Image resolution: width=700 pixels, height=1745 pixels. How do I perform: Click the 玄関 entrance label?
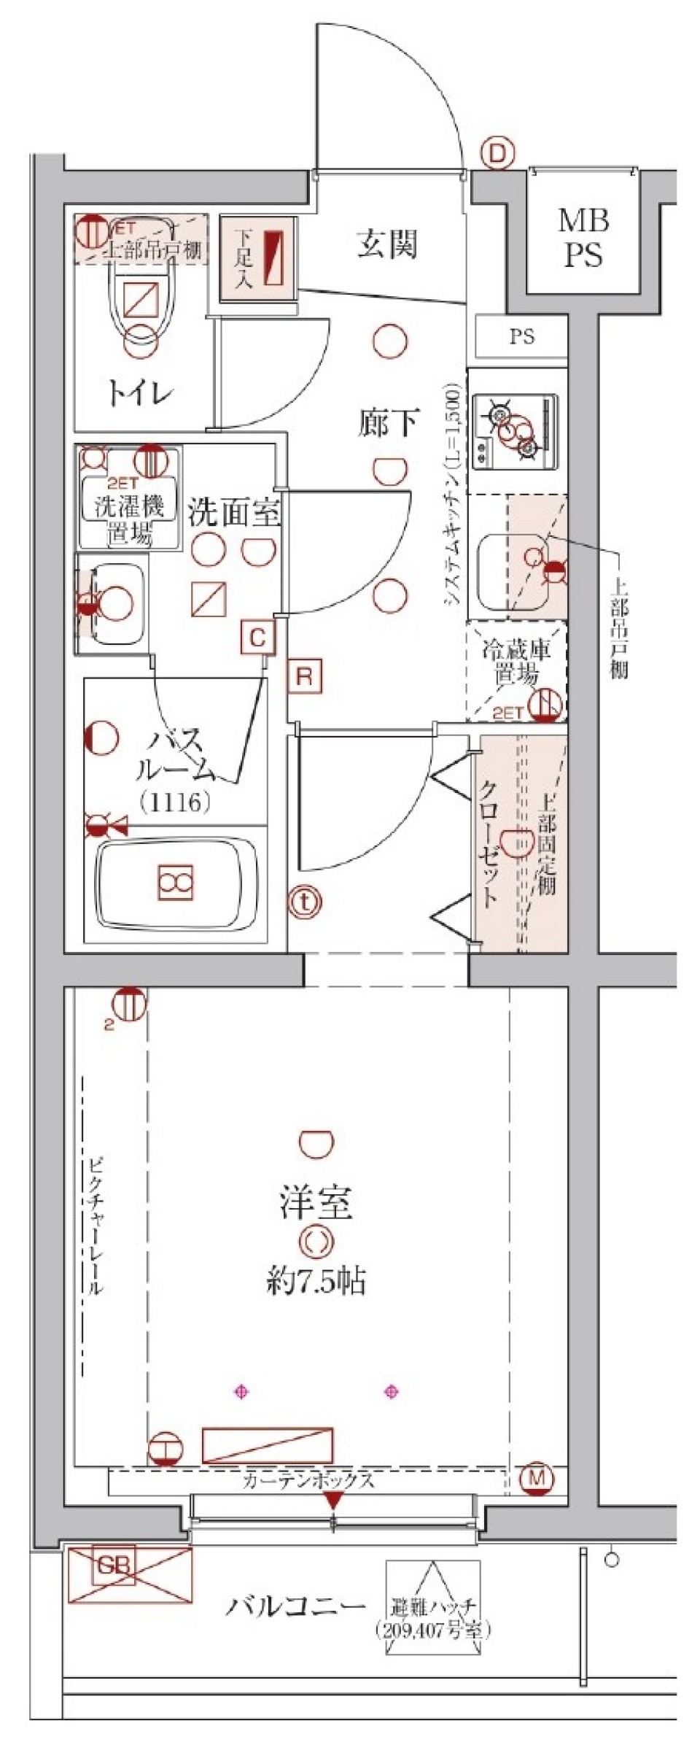[387, 245]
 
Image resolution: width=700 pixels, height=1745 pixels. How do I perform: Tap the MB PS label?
[584, 238]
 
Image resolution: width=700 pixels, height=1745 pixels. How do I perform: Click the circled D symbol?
[497, 154]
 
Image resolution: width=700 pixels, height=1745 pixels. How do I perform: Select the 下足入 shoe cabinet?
[258, 259]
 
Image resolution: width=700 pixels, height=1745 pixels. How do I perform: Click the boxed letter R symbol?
[305, 676]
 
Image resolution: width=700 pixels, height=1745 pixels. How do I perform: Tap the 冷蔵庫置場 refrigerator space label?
[516, 662]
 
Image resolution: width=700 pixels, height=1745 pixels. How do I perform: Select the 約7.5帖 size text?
[316, 1281]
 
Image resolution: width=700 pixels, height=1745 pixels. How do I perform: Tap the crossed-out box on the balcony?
[131, 1575]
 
